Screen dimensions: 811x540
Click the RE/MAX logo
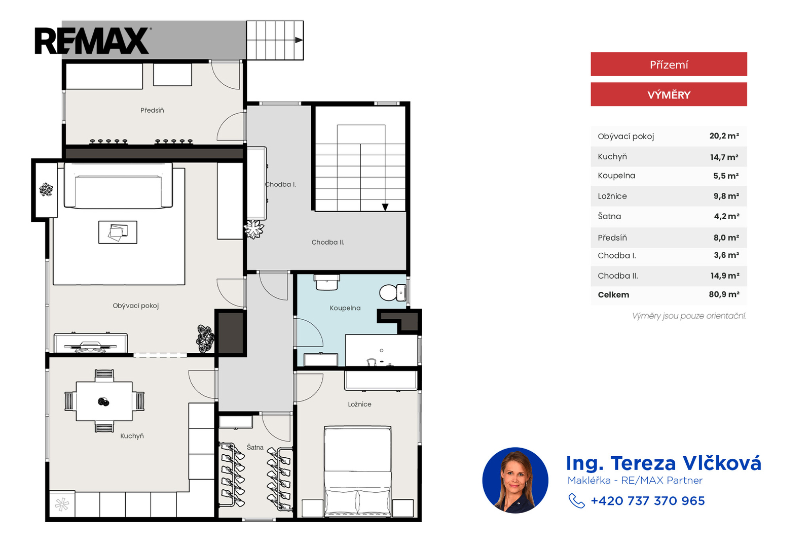[92, 41]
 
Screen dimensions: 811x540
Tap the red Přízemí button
[669, 64]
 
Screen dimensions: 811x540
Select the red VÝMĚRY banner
[669, 94]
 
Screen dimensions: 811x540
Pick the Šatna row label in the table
[609, 216]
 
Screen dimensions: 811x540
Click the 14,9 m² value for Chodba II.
[725, 276]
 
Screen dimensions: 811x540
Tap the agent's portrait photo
[515, 480]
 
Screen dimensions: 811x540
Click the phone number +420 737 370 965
[648, 501]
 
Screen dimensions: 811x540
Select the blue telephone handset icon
[576, 501]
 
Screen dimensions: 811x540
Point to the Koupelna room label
[345, 308]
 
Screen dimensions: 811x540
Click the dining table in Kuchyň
[104, 401]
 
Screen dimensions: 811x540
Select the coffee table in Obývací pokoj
[118, 232]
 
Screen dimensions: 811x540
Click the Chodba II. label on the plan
[328, 242]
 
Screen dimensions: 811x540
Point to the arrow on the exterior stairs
[299, 40]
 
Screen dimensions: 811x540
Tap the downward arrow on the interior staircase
[385, 207]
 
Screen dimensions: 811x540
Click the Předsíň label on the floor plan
[152, 110]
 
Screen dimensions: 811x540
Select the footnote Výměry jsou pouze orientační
[689, 316]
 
